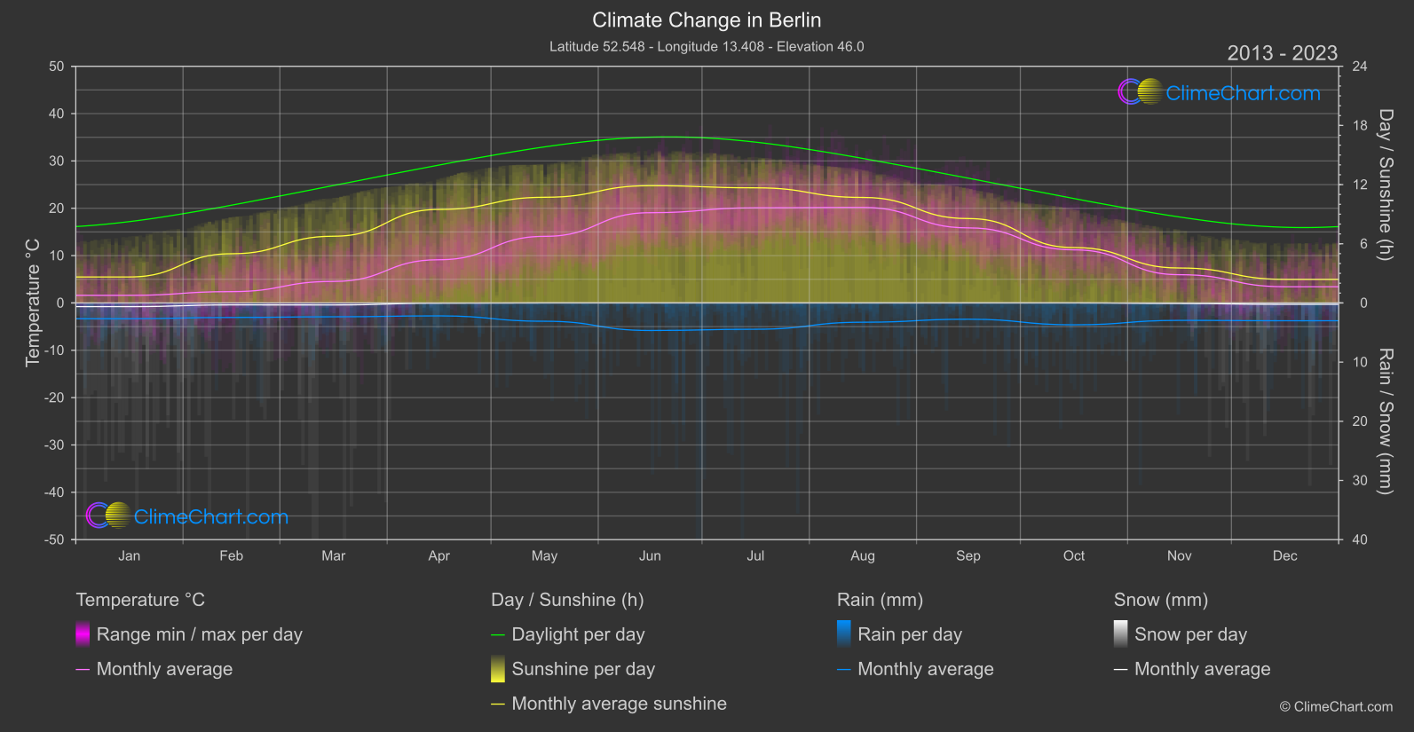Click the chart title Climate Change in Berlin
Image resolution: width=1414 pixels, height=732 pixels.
coord(707,20)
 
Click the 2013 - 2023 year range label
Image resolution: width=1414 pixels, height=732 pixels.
coord(1282,53)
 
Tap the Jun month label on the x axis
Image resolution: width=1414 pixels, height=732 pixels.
coord(650,555)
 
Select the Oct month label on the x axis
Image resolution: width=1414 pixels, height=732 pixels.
coord(1073,555)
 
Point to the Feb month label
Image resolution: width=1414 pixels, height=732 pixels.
coord(231,555)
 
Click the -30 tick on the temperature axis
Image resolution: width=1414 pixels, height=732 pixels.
coord(55,445)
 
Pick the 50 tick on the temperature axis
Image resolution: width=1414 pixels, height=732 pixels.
coord(57,67)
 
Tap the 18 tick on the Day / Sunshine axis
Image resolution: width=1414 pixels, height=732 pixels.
coord(1359,126)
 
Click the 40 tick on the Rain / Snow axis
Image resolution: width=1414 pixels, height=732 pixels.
coord(1359,539)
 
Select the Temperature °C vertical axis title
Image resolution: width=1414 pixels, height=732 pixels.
coord(33,302)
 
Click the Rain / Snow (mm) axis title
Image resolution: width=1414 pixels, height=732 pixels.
coord(1385,421)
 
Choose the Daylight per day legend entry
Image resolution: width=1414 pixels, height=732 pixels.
coord(578,634)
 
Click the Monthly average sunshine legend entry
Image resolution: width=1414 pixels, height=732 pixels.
coord(619,704)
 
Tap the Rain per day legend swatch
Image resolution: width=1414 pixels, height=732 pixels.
coord(844,634)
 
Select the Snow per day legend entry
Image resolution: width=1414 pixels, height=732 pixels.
coord(1190,634)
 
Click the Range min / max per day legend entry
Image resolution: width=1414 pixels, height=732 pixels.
coord(199,634)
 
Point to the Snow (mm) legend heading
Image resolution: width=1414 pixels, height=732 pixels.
coord(1160,600)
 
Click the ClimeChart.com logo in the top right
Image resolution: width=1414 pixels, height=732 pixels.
coord(1220,92)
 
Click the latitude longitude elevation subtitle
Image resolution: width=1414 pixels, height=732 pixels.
coord(707,46)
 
